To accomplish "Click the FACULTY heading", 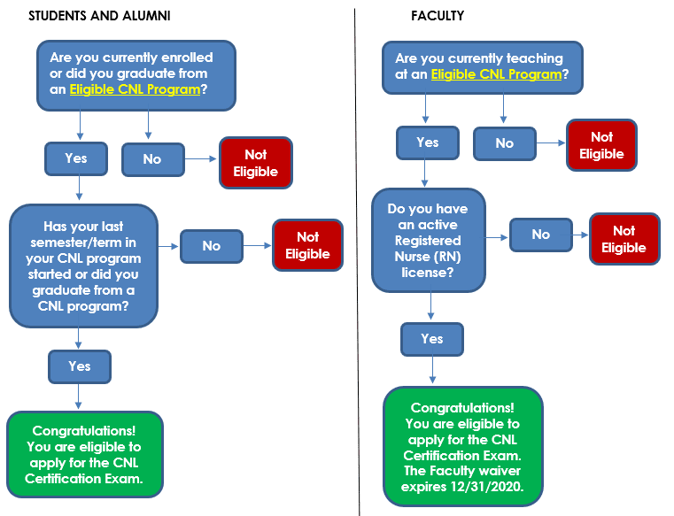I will pyautogui.click(x=437, y=17).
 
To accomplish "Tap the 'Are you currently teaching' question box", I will pyautogui.click(x=484, y=66).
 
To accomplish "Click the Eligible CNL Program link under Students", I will pyautogui.click(x=136, y=89).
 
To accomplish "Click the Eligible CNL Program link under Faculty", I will pyautogui.click(x=496, y=74).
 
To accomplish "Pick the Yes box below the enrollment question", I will pyautogui.click(x=75, y=159).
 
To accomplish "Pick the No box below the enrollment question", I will pyautogui.click(x=151, y=159).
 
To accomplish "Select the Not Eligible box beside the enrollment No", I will pyautogui.click(x=255, y=163).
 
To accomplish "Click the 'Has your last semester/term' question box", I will pyautogui.click(x=83, y=265).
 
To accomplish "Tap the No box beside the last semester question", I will pyautogui.click(x=211, y=246).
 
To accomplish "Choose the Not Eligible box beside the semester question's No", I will pyautogui.click(x=306, y=245).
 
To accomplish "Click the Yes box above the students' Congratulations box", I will pyautogui.click(x=79, y=366).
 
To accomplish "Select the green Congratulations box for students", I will pyautogui.click(x=85, y=453).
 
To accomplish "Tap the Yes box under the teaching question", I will pyautogui.click(x=427, y=142).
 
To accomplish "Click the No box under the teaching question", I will pyautogui.click(x=504, y=143).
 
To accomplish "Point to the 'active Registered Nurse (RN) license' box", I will pyautogui.click(x=429, y=239).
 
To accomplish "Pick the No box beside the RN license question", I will pyautogui.click(x=540, y=235).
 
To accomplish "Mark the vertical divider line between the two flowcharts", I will pyautogui.click(x=358, y=266).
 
